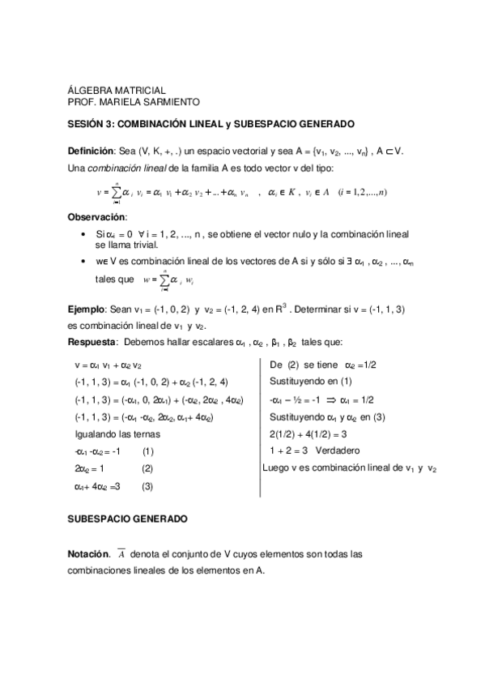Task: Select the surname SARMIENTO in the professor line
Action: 168,102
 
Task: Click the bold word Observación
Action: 97,217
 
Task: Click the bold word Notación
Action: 88,555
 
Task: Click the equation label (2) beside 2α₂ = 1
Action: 147,468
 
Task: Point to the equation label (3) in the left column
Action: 147,486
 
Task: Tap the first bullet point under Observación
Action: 85,234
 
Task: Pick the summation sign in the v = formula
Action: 117,191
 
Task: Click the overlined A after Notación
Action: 121,555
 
